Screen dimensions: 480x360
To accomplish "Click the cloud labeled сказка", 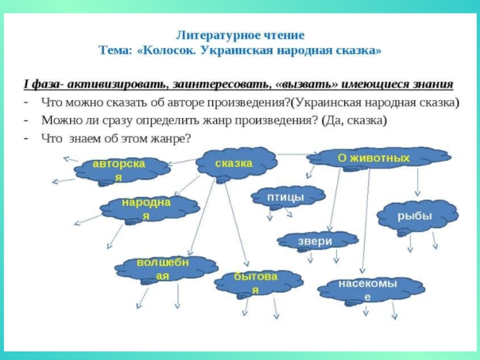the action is (235, 163).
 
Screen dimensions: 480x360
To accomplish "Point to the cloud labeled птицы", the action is (284, 197).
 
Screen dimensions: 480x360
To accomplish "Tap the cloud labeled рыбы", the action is (415, 217).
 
